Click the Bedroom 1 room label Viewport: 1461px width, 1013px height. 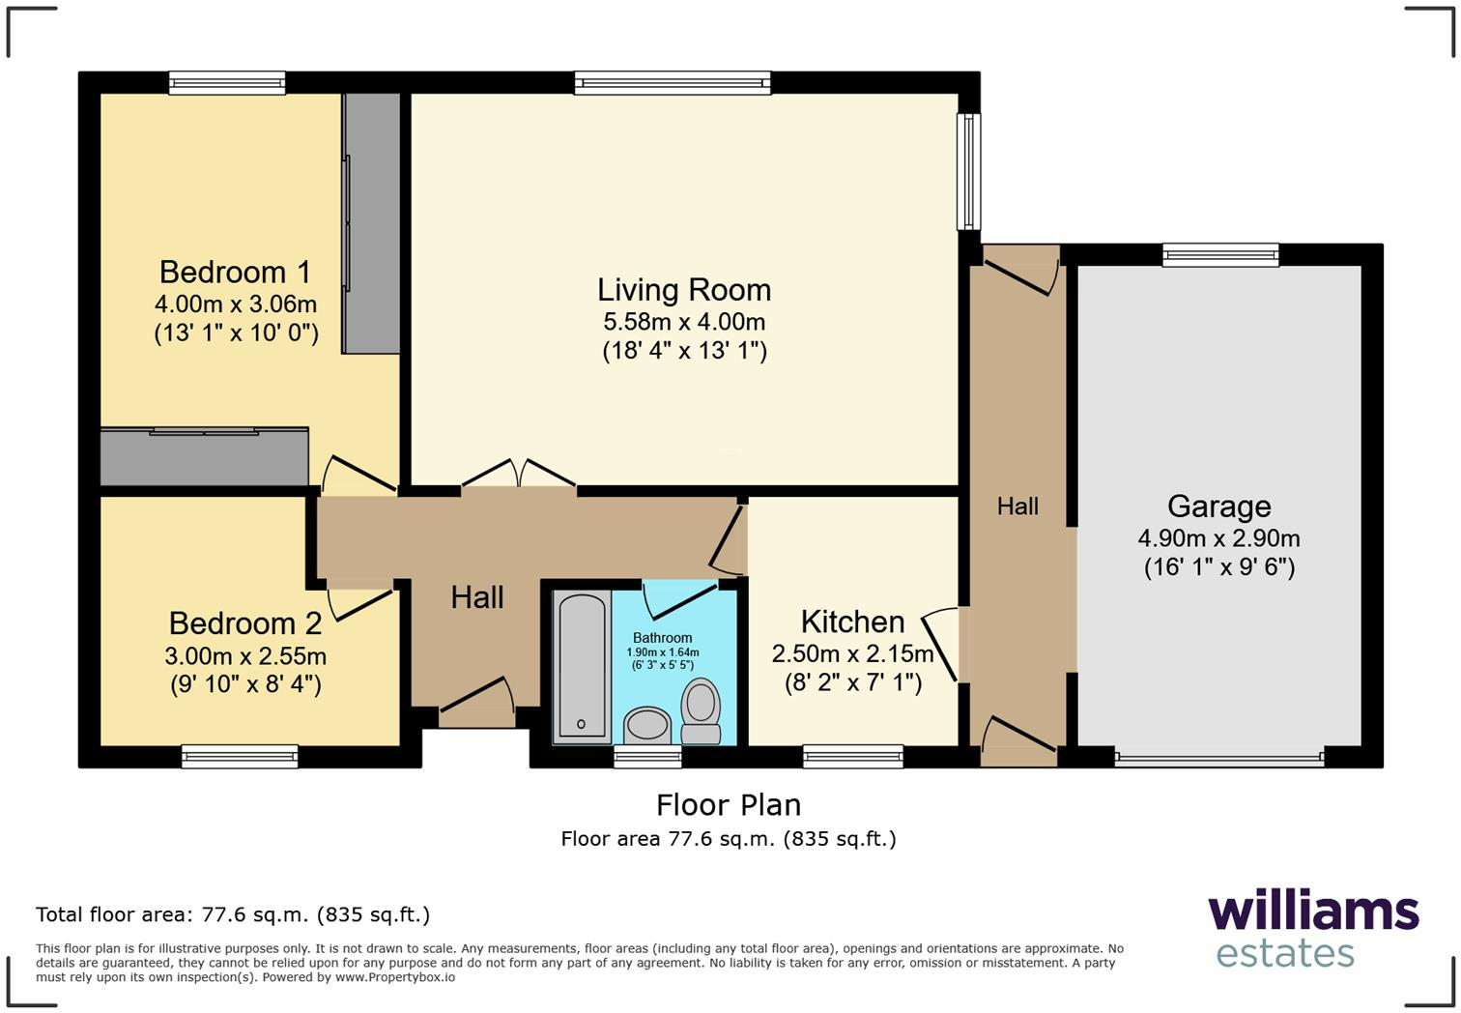[x=236, y=272]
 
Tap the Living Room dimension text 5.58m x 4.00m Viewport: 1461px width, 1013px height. [x=684, y=322]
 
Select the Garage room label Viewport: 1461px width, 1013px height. [x=1218, y=506]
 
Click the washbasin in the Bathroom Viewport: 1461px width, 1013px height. [x=647, y=724]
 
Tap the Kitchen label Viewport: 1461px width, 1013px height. [x=852, y=622]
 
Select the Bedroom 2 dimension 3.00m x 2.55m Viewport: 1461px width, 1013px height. [x=245, y=656]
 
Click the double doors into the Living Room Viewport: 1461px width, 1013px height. [x=519, y=475]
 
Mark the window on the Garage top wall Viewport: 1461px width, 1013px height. [x=1220, y=255]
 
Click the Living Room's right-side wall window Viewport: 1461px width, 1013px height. [x=968, y=172]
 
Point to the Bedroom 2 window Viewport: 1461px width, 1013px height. [x=240, y=757]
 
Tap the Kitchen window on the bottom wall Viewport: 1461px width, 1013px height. [x=852, y=757]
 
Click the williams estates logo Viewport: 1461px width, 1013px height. [x=1312, y=929]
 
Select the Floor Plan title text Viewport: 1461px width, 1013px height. [x=728, y=804]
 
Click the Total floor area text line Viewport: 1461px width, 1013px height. [x=233, y=914]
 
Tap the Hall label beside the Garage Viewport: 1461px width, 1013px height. [x=1017, y=506]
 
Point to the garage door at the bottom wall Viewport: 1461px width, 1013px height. [x=1218, y=760]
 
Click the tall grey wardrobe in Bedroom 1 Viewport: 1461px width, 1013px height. [x=372, y=222]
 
